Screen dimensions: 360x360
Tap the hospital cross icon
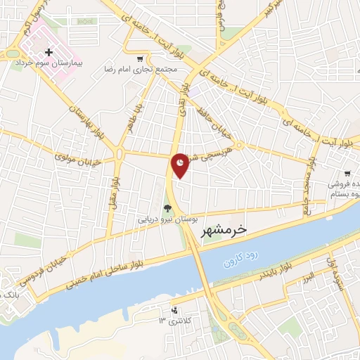(49, 53)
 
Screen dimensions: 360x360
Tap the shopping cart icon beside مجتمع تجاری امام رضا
(141, 60)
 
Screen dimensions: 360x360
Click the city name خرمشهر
(224, 230)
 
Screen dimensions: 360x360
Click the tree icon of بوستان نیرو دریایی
(167, 208)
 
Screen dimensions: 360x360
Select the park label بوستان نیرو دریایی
(165, 219)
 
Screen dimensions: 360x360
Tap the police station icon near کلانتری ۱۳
(175, 310)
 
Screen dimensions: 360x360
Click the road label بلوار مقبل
(114, 191)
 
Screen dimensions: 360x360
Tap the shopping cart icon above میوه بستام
(347, 173)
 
